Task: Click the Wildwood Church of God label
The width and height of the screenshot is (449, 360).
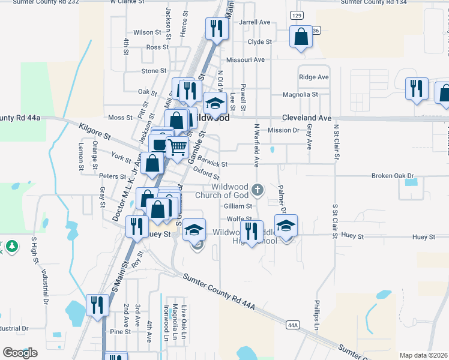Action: pos(222,191)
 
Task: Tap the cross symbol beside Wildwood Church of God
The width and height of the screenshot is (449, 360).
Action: pos(258,191)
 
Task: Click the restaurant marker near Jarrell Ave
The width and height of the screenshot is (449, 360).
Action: pos(215,28)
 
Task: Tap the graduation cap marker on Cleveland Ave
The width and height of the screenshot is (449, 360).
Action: pos(214,103)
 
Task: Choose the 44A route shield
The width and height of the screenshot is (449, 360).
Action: pos(293,325)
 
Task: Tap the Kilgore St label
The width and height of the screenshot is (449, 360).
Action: pos(95,132)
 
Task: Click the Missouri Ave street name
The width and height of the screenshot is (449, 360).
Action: pos(246,60)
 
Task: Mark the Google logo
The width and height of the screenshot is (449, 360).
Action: pos(20,353)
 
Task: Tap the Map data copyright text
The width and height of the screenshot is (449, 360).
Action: pos(423,355)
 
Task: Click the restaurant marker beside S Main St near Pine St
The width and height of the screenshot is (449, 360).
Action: pos(95,305)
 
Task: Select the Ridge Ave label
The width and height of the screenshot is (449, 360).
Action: pos(314,77)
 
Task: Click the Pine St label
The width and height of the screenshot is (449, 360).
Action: pos(120,331)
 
